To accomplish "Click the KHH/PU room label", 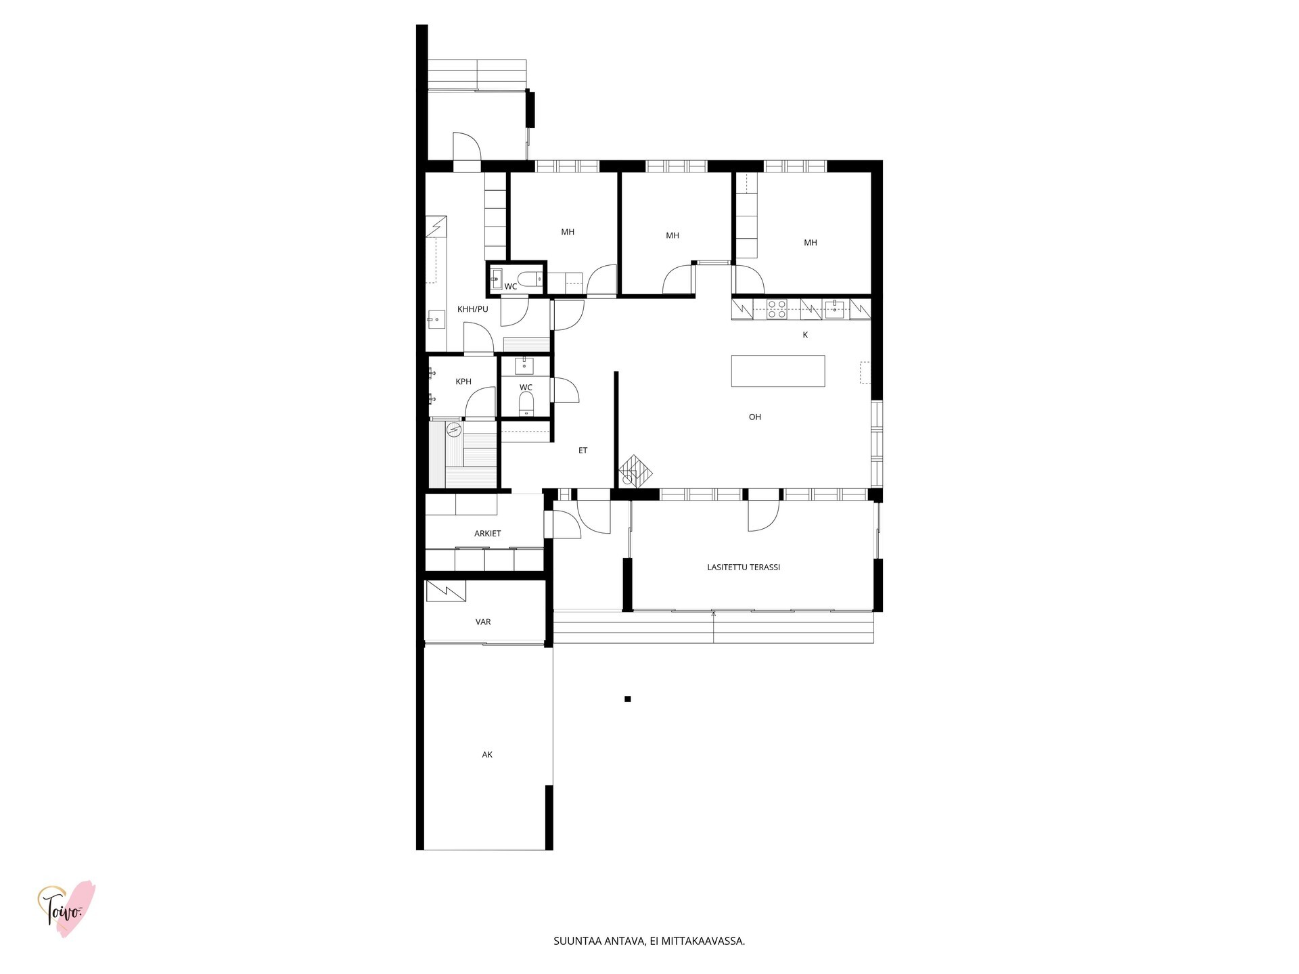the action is [x=472, y=309].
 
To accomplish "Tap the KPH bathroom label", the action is [x=463, y=381].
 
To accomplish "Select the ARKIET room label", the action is [x=487, y=534].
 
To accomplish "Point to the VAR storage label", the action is [x=483, y=622].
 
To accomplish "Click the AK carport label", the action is [x=487, y=754].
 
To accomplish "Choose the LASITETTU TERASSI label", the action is [x=744, y=567].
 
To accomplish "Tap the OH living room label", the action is [x=755, y=417].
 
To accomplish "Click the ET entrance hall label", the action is [x=583, y=450].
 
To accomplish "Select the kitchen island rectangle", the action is [x=778, y=371].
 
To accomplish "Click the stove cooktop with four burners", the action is [x=777, y=309].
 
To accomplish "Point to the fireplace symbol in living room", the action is [x=635, y=469].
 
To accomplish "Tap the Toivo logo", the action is [x=66, y=908].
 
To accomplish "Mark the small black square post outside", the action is [x=628, y=699].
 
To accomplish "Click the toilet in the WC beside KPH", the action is [x=526, y=405].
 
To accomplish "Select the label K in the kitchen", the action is [x=805, y=335].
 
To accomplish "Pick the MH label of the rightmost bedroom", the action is [x=811, y=243].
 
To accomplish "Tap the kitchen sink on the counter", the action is [x=834, y=309].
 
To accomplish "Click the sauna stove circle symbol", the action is [x=453, y=428].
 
